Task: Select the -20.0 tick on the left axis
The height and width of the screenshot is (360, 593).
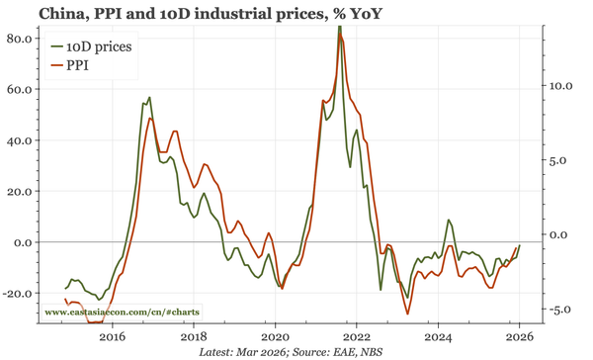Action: pos(18,293)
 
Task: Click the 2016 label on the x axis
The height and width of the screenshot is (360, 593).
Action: pos(112,336)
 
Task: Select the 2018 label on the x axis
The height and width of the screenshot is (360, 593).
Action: pos(193,336)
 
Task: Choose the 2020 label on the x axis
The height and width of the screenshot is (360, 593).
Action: pos(275,336)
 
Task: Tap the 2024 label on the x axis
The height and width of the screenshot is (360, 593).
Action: pos(438,336)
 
